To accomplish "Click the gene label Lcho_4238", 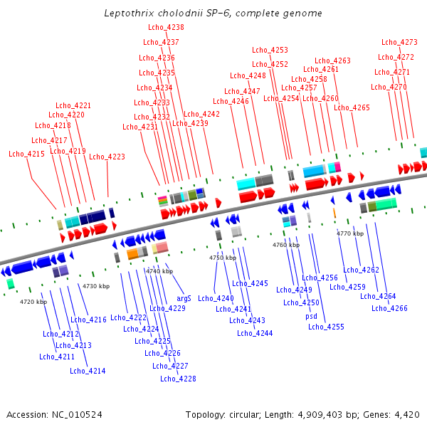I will [x=166, y=27].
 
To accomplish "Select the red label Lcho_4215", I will [x=26, y=154].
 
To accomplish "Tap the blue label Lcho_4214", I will [x=88, y=371].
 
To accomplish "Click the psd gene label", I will [x=312, y=316].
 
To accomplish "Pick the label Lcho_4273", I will [x=399, y=42].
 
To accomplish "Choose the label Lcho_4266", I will [x=389, y=308].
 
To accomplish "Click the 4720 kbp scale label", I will [x=33, y=302].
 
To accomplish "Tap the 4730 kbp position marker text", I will [x=96, y=286].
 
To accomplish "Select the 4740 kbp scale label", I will [x=159, y=271].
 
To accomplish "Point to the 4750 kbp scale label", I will [x=222, y=258].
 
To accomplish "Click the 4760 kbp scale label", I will [x=285, y=245].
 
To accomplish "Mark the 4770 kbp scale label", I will [x=349, y=233].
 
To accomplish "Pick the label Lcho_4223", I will [x=107, y=157].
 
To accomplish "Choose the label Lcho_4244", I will [x=255, y=333].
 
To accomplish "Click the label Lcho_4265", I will [x=352, y=107].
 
